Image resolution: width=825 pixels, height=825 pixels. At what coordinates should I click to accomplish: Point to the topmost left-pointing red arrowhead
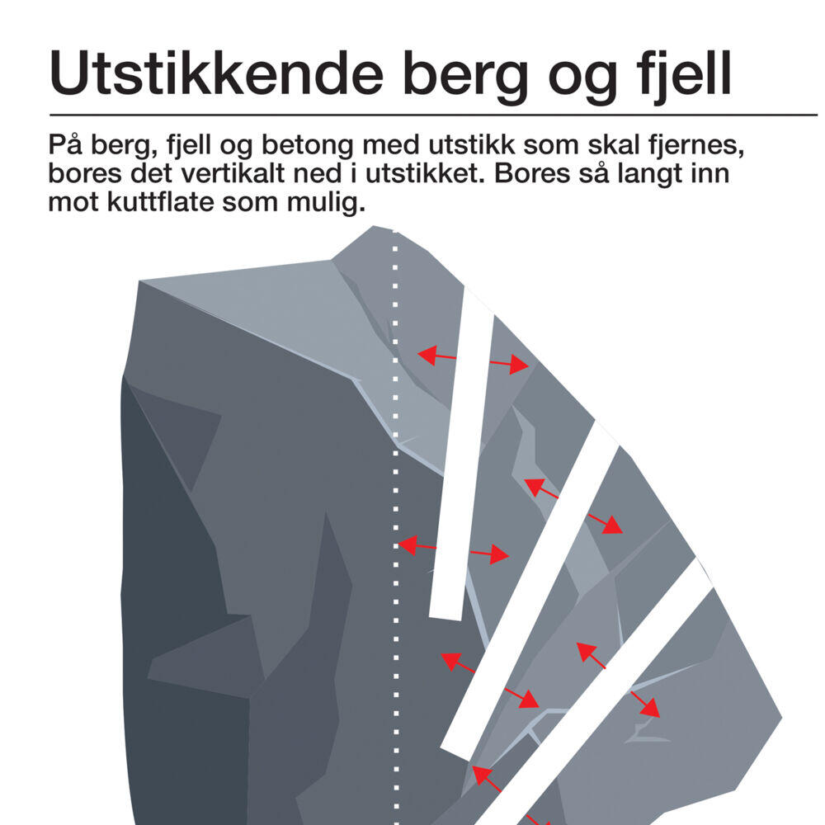coord(424,355)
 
